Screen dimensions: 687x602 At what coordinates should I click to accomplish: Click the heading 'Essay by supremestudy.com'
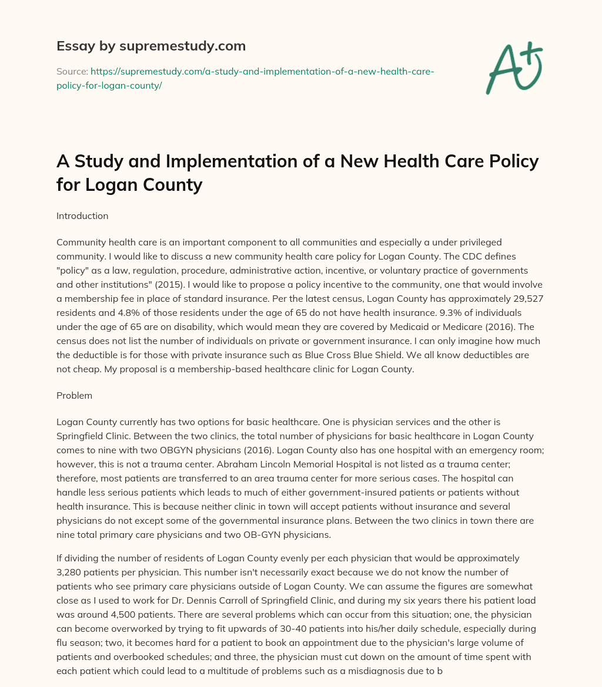(x=150, y=46)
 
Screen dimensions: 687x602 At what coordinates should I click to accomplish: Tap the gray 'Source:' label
(x=72, y=71)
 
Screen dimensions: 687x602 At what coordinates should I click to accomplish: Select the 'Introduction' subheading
(x=82, y=215)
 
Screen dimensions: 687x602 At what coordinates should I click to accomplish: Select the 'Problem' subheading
(x=74, y=395)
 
